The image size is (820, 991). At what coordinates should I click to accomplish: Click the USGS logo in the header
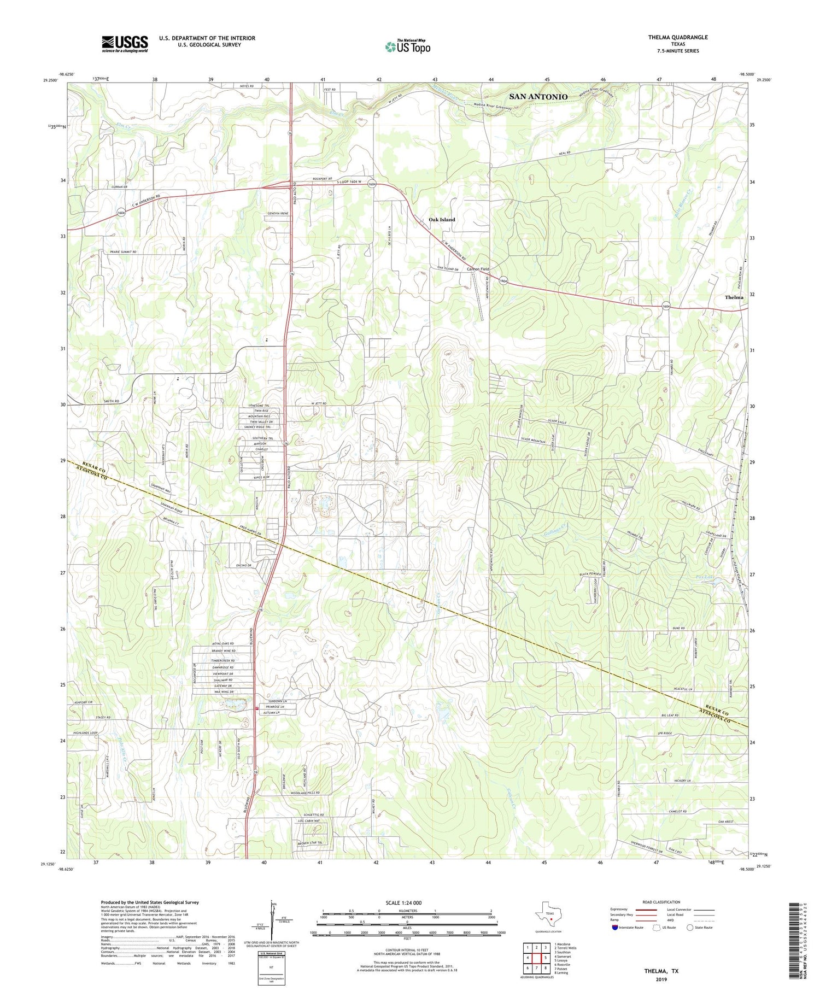click(x=125, y=44)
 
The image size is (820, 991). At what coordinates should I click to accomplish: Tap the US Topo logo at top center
click(x=407, y=46)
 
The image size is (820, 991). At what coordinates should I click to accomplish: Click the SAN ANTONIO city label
click(x=538, y=97)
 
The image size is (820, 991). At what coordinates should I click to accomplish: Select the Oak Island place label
click(x=442, y=220)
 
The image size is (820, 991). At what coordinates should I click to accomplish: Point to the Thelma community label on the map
click(x=734, y=297)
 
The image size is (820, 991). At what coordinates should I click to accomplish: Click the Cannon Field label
click(x=478, y=269)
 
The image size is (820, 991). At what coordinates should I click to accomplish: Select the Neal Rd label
click(x=565, y=153)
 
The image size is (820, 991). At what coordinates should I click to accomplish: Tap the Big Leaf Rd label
click(x=669, y=716)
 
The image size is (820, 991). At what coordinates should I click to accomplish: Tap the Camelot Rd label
click(x=676, y=812)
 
